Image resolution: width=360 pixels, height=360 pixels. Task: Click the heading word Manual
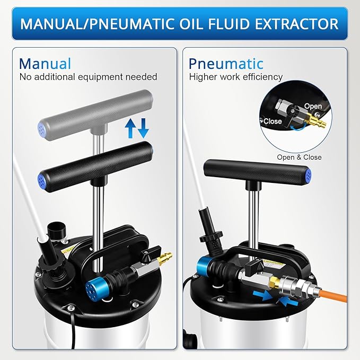pyautogui.click(x=45, y=64)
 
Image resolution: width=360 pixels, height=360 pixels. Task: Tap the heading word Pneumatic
pyautogui.click(x=226, y=64)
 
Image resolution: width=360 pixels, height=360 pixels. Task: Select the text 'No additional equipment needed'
pyautogui.click(x=88, y=77)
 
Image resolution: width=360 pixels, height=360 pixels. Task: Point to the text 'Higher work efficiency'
pyautogui.click(x=236, y=77)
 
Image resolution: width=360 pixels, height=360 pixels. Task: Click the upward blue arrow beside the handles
pyautogui.click(x=129, y=127)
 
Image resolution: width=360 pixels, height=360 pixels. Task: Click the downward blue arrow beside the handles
pyautogui.click(x=144, y=127)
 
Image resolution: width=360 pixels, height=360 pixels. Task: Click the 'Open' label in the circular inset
pyautogui.click(x=313, y=107)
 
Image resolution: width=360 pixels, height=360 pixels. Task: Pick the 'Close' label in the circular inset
pyautogui.click(x=273, y=121)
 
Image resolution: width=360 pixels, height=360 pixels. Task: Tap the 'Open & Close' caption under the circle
pyautogui.click(x=299, y=157)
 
